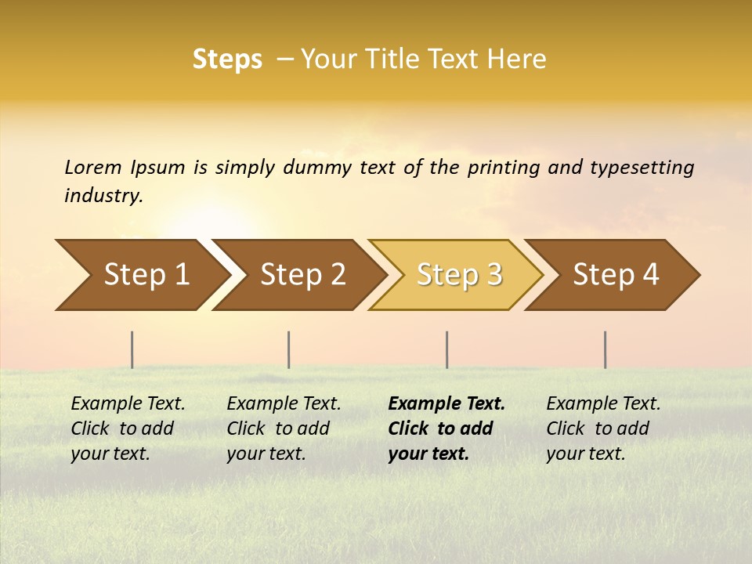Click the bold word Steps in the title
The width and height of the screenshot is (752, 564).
coord(227,60)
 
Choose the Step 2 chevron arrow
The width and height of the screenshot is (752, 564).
coord(298,275)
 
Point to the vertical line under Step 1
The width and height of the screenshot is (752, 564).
coord(132,349)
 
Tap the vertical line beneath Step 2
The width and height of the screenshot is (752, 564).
coord(289,349)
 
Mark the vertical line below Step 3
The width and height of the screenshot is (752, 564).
coord(447,349)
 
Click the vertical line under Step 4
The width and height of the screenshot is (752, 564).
coord(606,349)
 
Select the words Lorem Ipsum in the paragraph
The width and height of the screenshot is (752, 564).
coord(125,168)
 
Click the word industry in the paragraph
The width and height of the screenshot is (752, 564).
coord(103,196)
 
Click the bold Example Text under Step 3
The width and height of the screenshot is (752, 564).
coord(446,404)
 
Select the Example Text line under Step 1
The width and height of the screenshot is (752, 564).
coord(128,404)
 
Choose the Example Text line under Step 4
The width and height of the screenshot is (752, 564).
coord(603,404)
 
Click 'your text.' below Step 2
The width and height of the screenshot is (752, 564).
coord(266,454)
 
